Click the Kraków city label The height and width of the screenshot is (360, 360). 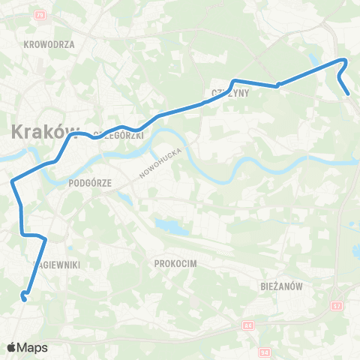pos(45,132)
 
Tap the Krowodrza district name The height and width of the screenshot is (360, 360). pos(49,44)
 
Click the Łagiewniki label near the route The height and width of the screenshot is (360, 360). pos(57,264)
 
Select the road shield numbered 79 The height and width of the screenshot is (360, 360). pos(40,16)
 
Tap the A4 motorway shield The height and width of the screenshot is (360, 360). pos(247,325)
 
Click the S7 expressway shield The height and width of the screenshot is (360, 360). pos(337,306)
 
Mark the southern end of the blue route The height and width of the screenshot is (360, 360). pos(25,299)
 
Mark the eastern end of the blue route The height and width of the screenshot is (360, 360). pos(349,94)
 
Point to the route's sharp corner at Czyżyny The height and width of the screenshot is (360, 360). pos(235,80)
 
